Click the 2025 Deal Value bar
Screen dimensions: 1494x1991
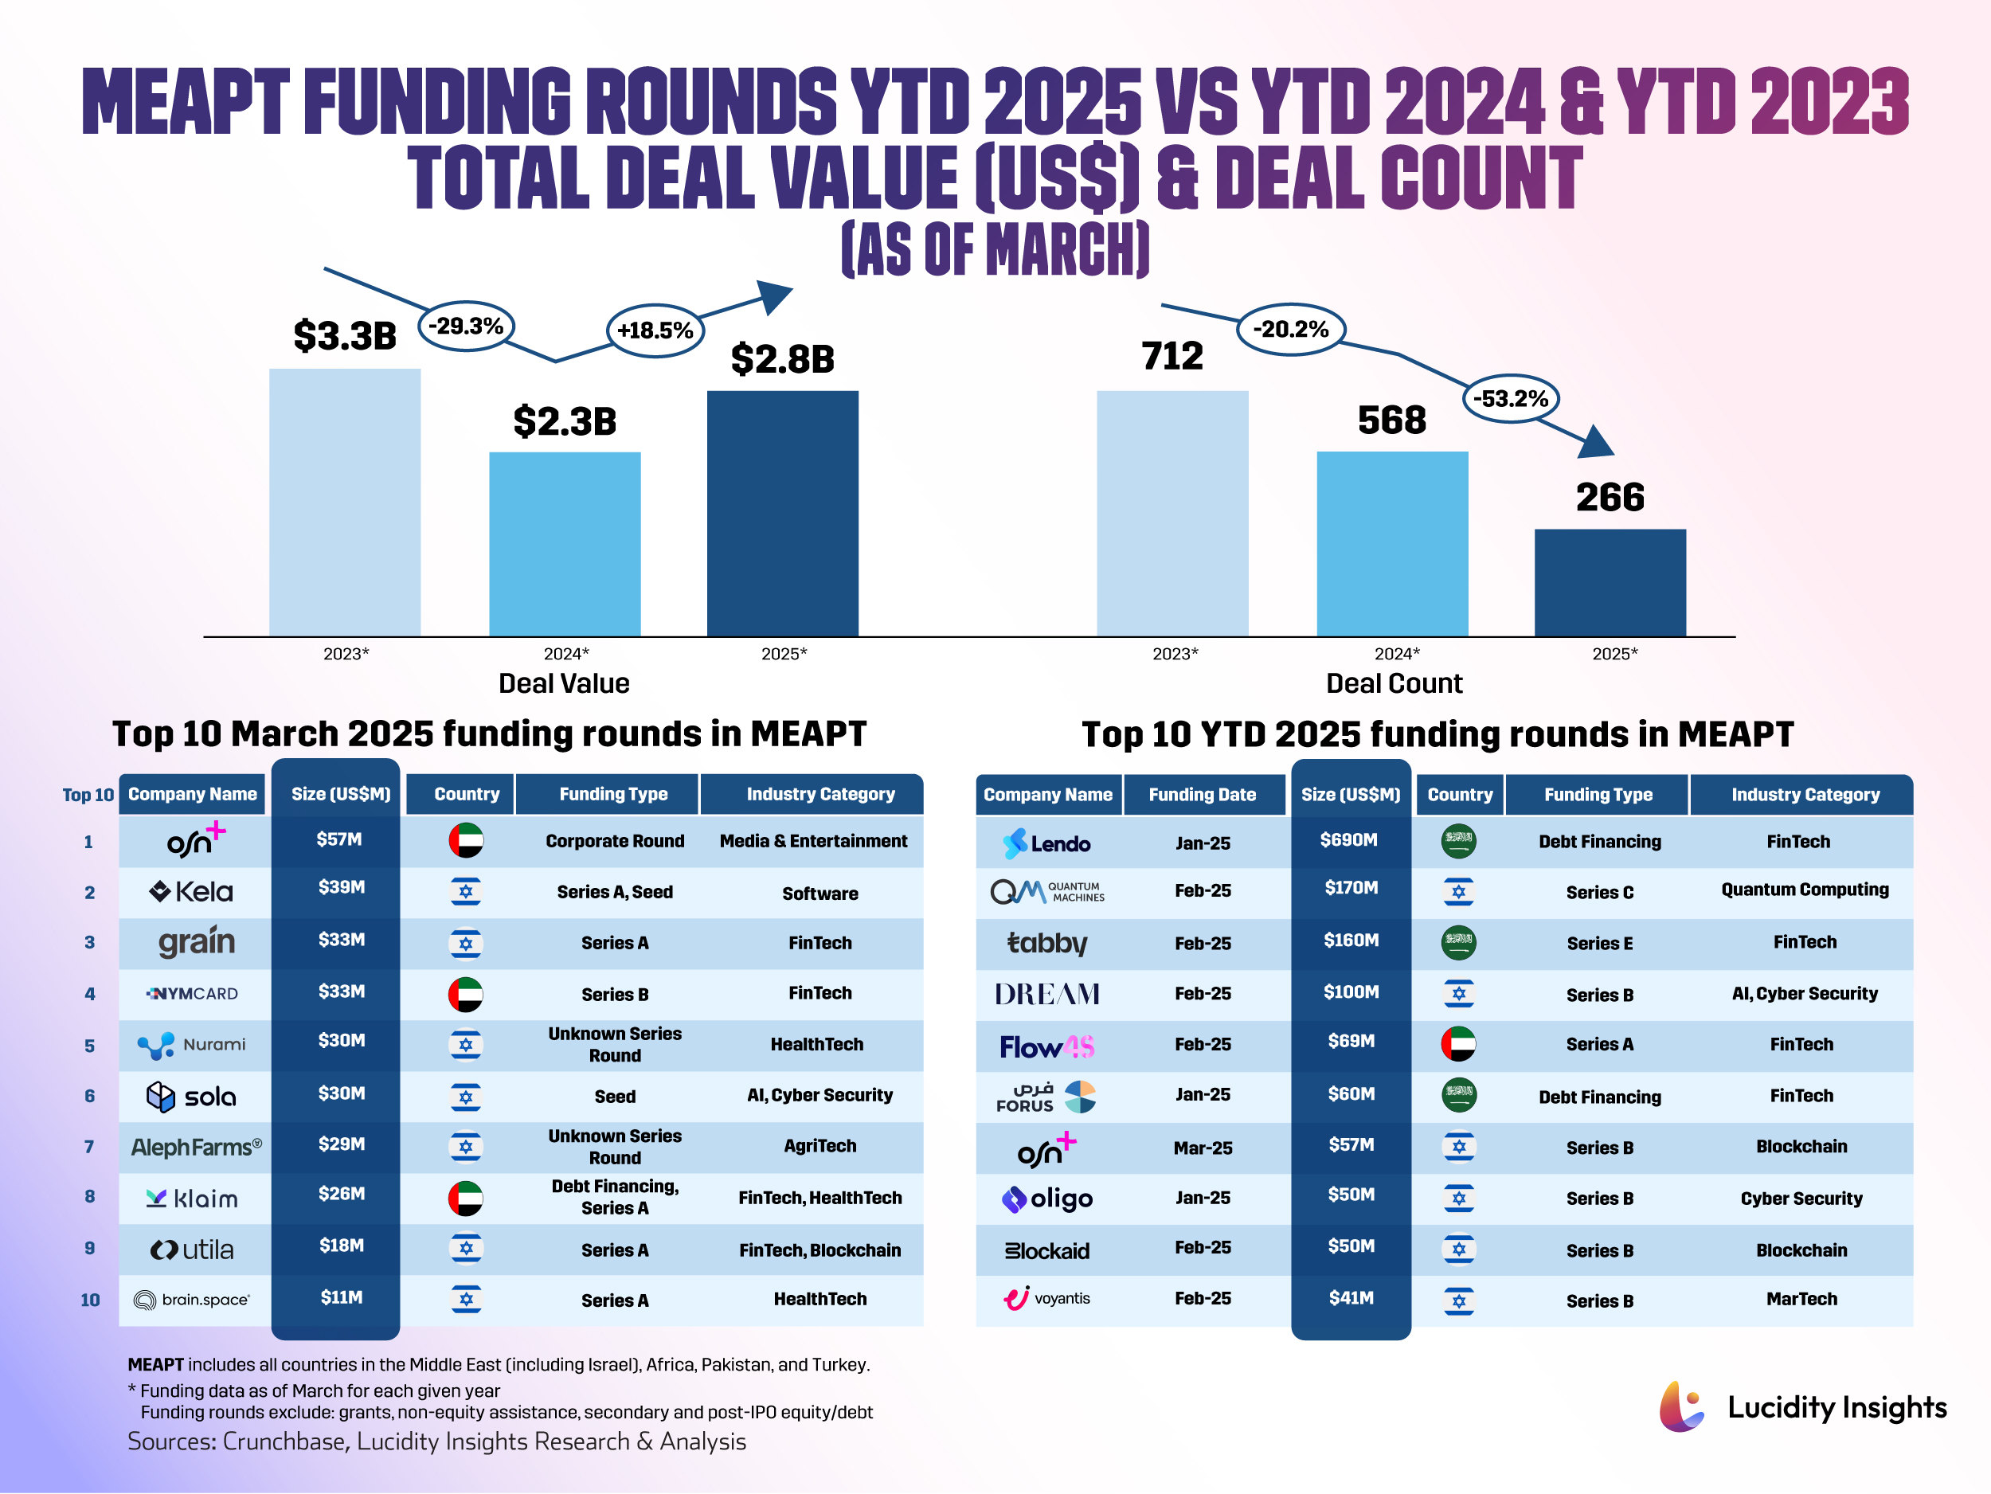pos(782,513)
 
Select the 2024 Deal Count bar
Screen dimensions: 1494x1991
pos(1391,544)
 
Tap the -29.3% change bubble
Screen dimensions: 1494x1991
pos(466,326)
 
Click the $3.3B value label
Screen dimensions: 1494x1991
pos(345,336)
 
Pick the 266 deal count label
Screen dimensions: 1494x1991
pos(1610,497)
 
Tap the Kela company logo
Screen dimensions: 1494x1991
pos(191,892)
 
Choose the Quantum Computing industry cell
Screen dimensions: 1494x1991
pos(1804,890)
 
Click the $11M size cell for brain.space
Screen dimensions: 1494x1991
pos(341,1297)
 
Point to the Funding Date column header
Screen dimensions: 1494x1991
pos(1202,795)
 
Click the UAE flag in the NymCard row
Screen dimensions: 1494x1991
pos(465,995)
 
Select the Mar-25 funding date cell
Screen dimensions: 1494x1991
pos(1202,1148)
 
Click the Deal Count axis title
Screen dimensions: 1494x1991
pos(1394,683)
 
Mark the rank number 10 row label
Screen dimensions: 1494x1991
pos(90,1300)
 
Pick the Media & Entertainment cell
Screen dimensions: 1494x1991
pos(813,841)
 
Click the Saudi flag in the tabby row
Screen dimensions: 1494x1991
pos(1458,942)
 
